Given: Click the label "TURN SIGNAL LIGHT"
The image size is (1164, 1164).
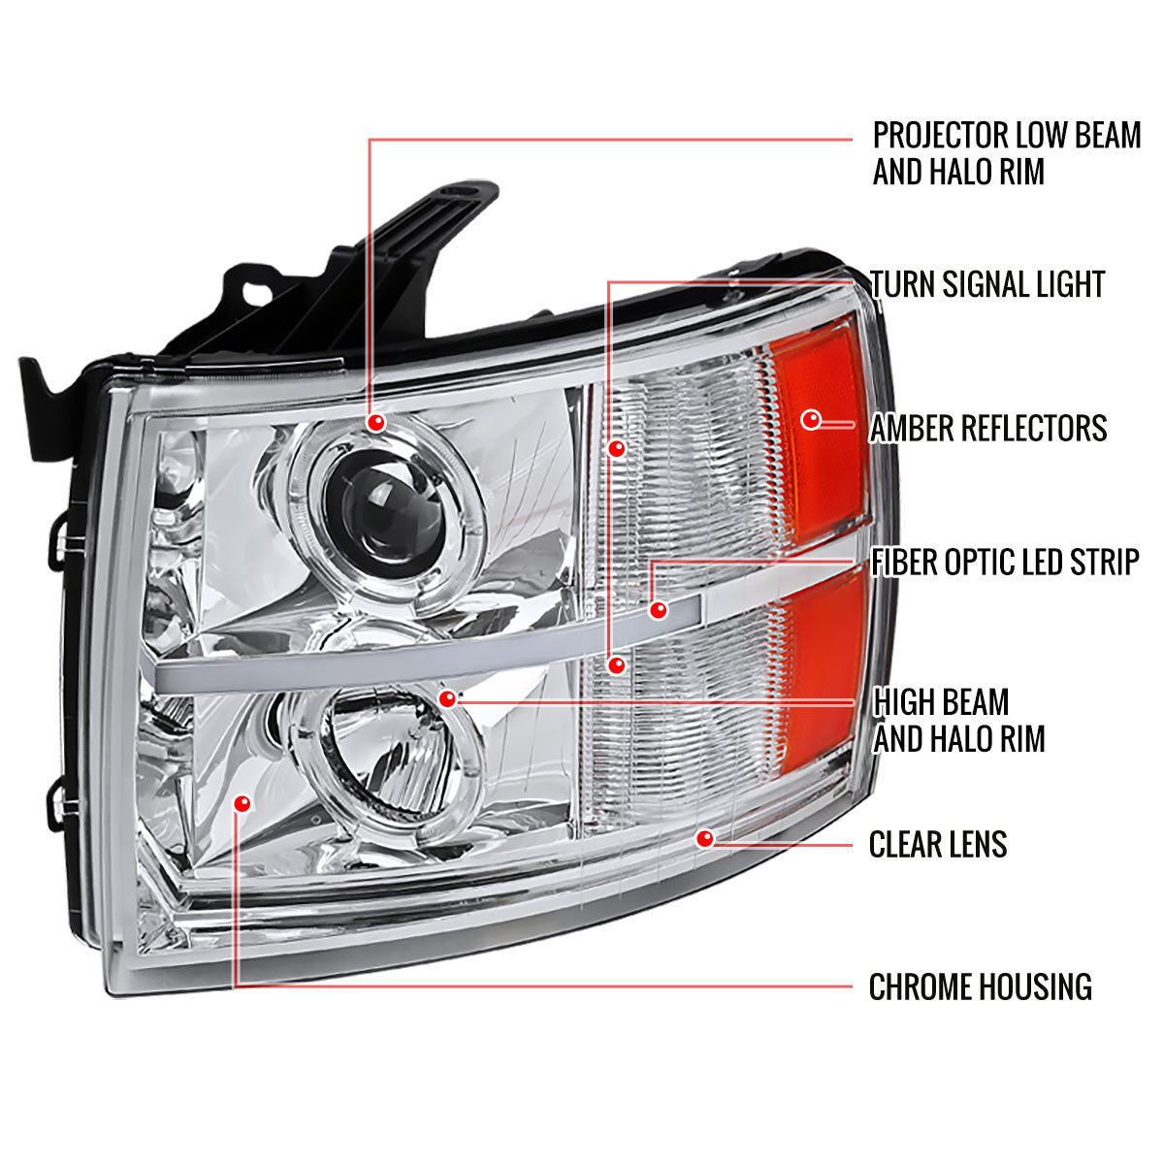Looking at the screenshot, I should click(987, 284).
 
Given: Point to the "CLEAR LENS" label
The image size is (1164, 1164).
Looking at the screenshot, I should click(937, 844).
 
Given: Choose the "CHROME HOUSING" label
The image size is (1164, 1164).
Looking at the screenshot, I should click(980, 987).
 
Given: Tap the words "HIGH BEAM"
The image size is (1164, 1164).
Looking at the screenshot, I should click(941, 702).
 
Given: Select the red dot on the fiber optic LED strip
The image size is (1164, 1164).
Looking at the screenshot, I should click(659, 610).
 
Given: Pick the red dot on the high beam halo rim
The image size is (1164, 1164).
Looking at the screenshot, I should click(447, 698).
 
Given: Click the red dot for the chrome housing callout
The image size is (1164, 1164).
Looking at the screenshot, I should click(242, 803).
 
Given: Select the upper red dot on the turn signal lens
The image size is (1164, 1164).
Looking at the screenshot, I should click(615, 448).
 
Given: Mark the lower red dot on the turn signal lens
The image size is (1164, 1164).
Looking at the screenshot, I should click(615, 665).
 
